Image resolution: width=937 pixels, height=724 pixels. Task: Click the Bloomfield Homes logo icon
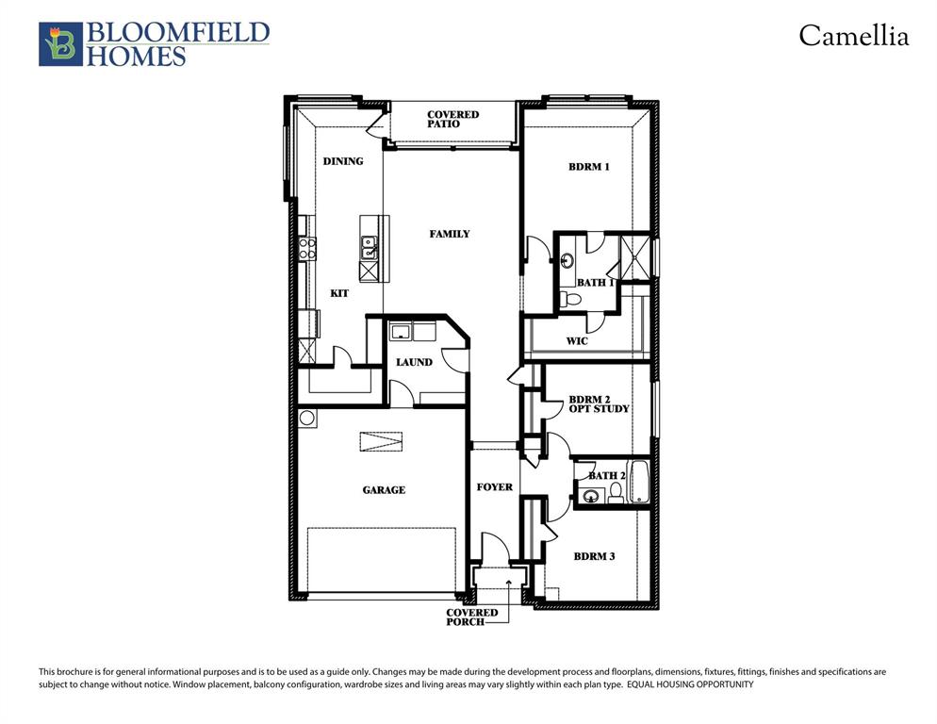pos(60,44)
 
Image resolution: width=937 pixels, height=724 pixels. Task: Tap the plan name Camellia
pos(853,36)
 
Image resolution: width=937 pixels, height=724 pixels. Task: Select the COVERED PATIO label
pos(452,119)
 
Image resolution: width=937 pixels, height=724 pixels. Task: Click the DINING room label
pos(343,161)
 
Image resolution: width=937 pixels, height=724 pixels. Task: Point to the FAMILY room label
pos(450,234)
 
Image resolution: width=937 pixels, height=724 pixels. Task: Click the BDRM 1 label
pos(589,167)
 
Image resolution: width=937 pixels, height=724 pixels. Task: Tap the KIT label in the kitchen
pos(339,293)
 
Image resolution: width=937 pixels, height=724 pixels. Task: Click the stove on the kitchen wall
pos(307,248)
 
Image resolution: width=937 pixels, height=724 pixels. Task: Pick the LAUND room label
pos(414,362)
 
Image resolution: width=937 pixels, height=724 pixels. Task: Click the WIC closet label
pos(577,340)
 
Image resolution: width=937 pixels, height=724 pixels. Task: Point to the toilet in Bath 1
pos(569,299)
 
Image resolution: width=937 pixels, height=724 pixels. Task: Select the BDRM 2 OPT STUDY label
pos(598,403)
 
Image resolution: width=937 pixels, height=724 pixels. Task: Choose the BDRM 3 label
pos(594,556)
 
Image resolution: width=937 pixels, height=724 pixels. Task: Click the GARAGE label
pos(384,489)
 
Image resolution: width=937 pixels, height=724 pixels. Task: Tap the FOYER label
pos(494,486)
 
